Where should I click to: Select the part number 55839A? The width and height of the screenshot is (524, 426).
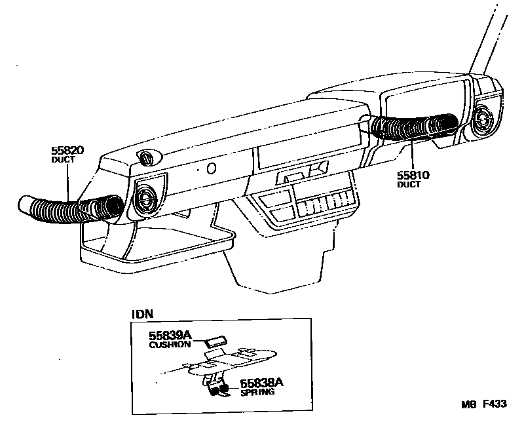(x=170, y=336)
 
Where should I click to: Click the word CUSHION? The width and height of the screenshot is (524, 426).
(x=170, y=344)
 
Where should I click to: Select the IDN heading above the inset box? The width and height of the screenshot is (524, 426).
(x=142, y=313)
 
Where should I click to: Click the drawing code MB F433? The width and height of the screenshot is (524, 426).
(x=485, y=404)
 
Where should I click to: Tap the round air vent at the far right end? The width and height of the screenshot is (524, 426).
(x=485, y=121)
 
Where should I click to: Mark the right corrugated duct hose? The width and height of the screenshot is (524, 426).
(x=413, y=126)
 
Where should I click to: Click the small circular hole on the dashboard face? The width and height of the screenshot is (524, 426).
(x=211, y=169)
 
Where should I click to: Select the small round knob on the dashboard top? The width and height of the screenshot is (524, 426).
(x=147, y=157)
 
